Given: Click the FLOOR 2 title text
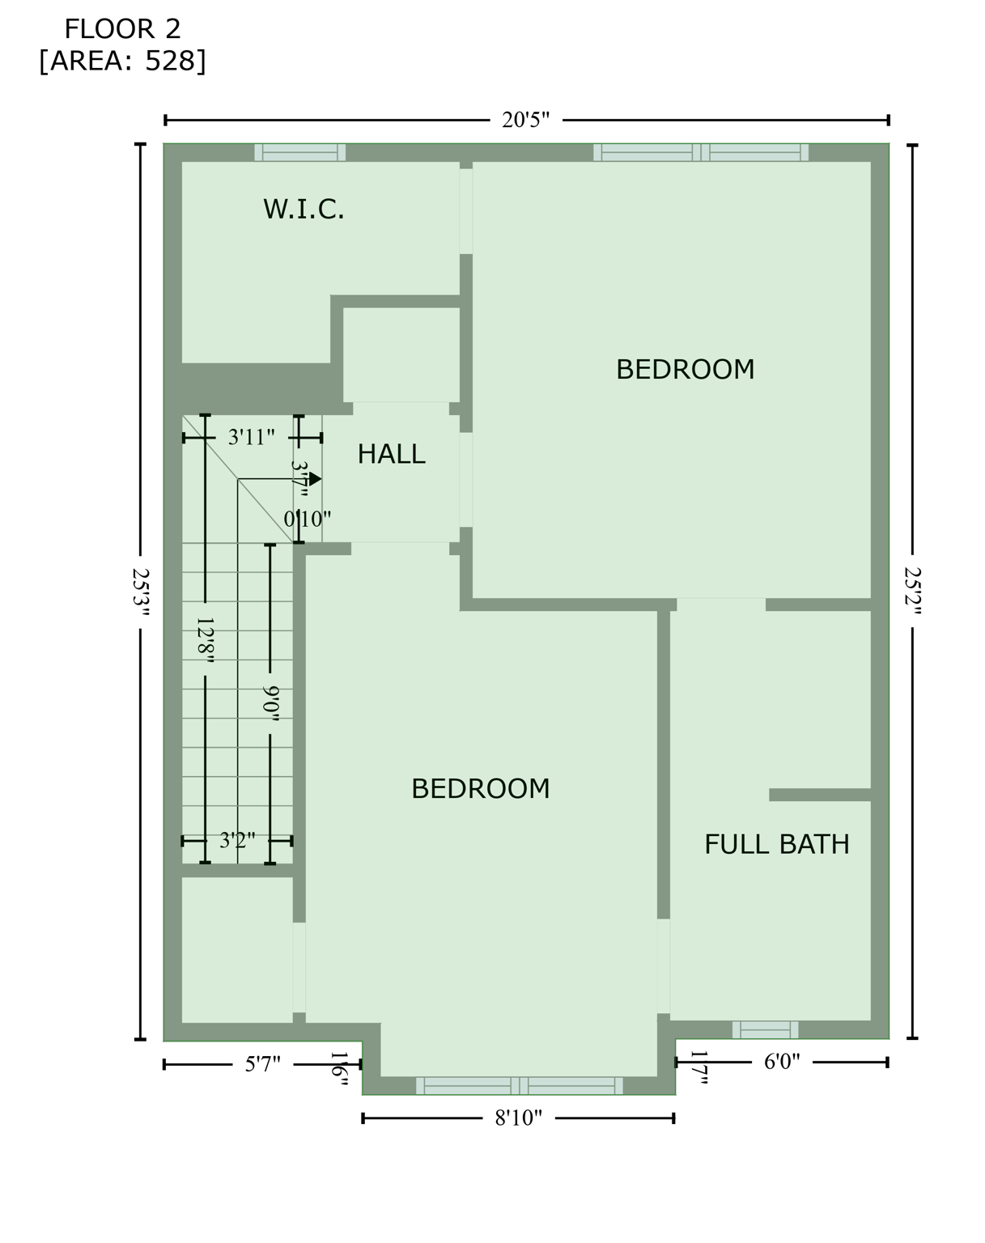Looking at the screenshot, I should (122, 29).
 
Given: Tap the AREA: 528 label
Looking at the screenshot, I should (122, 61).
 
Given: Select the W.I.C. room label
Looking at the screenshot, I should (304, 210).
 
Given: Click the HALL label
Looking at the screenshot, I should (391, 454).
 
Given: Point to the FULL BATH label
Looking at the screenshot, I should (776, 844).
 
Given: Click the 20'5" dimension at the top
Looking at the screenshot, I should (525, 121).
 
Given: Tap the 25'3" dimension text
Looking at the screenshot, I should (141, 592).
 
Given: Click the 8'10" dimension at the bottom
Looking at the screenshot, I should (518, 1118).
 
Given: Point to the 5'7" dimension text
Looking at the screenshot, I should (262, 1064).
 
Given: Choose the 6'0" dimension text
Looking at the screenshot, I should (782, 1062).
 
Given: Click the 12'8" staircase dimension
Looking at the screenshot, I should (205, 639).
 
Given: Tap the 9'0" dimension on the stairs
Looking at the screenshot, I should (270, 699).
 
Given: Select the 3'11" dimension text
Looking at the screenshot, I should (251, 438).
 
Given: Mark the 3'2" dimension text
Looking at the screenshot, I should (237, 840).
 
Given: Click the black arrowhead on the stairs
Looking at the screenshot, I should (316, 479).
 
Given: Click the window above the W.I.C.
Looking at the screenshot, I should (300, 152).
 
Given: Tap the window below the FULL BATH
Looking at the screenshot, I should (765, 1029).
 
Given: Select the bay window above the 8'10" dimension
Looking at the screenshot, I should (519, 1085).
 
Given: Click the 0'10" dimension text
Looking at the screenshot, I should (307, 519).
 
